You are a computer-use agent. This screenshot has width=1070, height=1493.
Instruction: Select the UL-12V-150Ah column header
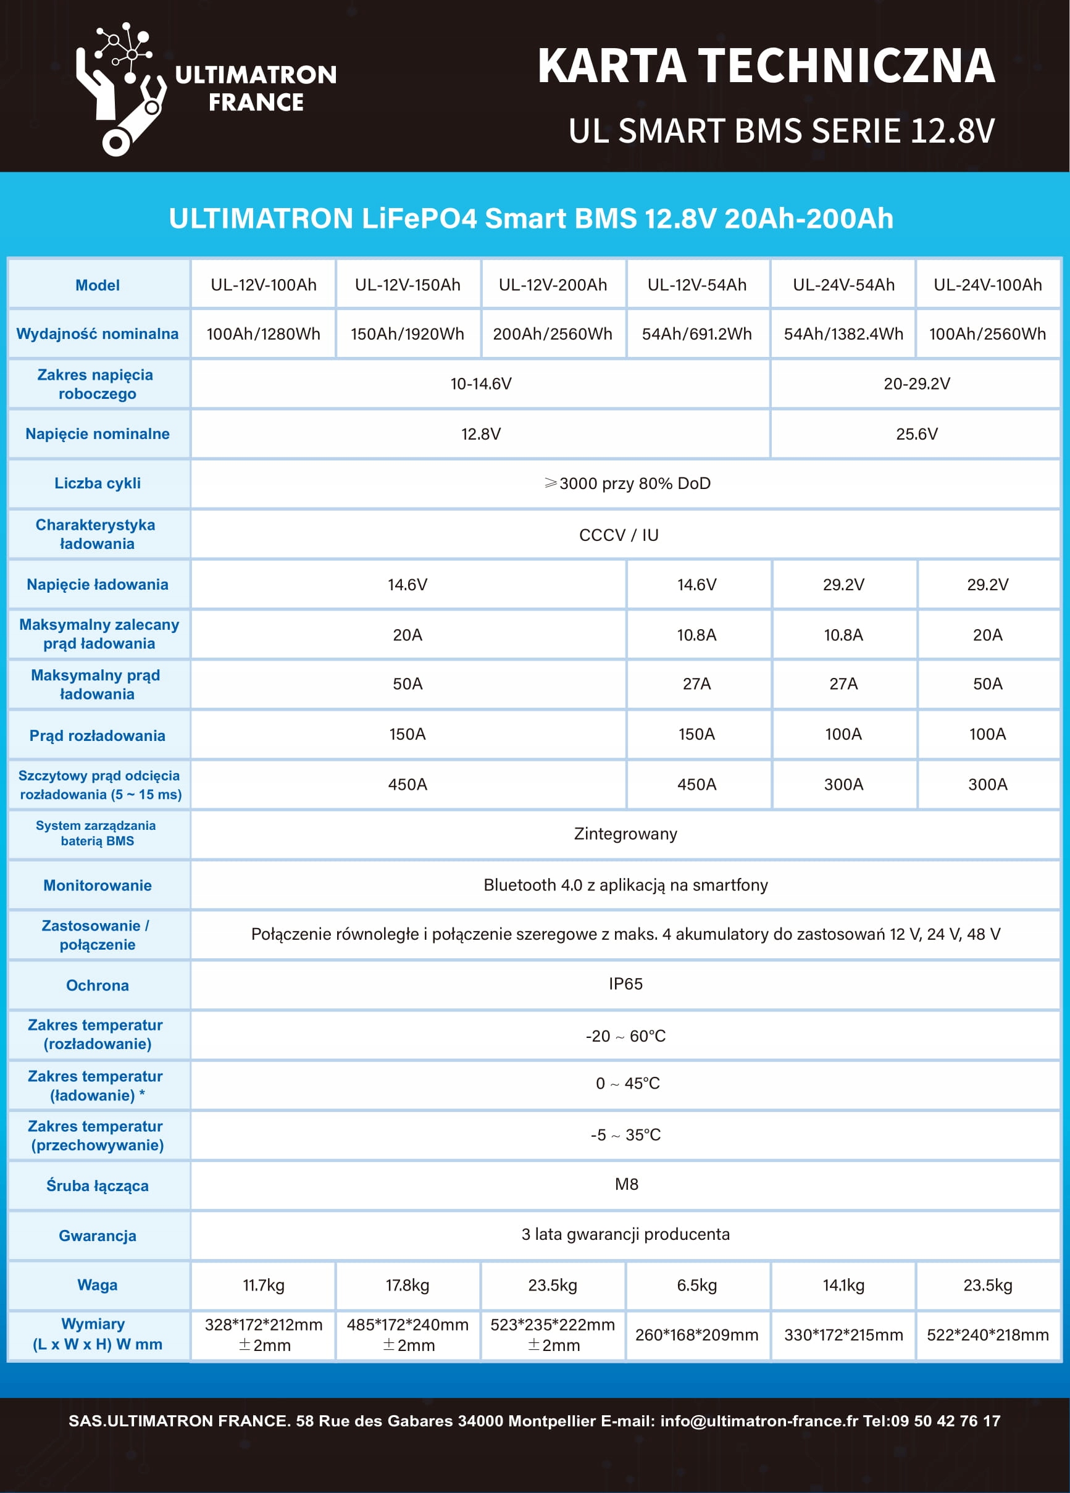click(x=408, y=285)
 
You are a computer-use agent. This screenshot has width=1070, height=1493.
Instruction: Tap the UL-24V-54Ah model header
click(x=843, y=285)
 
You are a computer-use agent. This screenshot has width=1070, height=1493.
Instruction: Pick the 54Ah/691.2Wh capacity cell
click(x=696, y=335)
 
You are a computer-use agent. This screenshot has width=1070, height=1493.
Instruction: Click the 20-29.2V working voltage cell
click(x=917, y=384)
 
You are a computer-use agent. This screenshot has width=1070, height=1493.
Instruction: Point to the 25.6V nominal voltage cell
click(x=917, y=434)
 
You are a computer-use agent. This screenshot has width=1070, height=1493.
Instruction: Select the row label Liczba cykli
click(x=98, y=483)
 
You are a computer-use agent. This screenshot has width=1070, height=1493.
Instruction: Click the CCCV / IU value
click(x=619, y=535)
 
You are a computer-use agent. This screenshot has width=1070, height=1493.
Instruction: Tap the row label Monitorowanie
click(x=98, y=885)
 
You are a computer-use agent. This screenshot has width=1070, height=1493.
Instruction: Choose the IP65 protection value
click(x=625, y=984)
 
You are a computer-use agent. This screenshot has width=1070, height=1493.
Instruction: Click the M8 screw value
click(x=626, y=1184)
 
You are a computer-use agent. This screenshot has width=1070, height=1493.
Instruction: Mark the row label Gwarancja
click(x=98, y=1236)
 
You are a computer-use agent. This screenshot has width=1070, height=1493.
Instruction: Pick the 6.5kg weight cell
click(x=696, y=1285)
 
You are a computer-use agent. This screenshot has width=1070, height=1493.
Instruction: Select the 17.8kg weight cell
click(x=408, y=1285)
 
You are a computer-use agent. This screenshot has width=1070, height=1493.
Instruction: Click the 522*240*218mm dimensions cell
click(x=988, y=1335)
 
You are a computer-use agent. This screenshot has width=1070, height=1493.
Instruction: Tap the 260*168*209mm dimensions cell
click(x=696, y=1335)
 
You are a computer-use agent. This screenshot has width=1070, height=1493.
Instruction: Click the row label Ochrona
click(x=98, y=985)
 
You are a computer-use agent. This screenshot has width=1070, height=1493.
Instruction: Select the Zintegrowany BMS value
click(x=625, y=834)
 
